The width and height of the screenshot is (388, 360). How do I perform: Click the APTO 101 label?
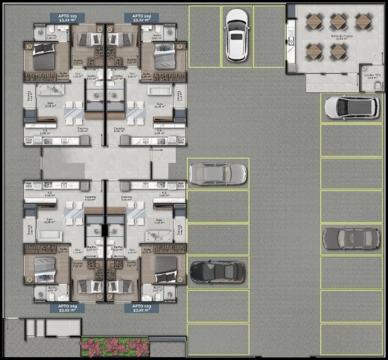(x=67, y=17)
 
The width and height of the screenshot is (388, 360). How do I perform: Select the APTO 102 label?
(x=138, y=17)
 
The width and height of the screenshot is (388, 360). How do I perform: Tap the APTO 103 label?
(x=138, y=308)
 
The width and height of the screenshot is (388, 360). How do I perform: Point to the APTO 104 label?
(x=67, y=308)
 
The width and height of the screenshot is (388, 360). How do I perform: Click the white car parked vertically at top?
(x=236, y=35)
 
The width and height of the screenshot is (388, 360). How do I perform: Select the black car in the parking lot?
(x=217, y=271)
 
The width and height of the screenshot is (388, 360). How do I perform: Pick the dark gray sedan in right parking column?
(x=351, y=238)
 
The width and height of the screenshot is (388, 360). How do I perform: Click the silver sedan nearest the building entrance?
(x=217, y=174)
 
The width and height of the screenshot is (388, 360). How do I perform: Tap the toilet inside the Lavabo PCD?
(x=377, y=86)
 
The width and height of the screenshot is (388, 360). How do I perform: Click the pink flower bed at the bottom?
(x=114, y=346)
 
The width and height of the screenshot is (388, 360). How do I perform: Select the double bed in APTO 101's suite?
(x=41, y=60)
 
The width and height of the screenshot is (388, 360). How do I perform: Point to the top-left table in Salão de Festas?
(x=315, y=22)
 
